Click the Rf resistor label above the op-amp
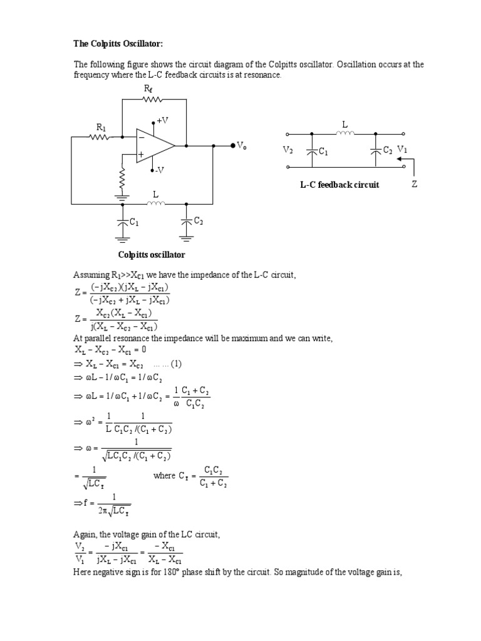tap(148, 90)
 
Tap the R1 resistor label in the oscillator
tap(101, 127)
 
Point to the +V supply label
tap(162, 120)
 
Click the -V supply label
tap(160, 170)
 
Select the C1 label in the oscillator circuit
tap(134, 222)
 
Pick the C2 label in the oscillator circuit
tap(198, 220)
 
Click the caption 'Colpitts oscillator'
tap(152, 255)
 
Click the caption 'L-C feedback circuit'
tap(339, 185)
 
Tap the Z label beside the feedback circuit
tap(414, 185)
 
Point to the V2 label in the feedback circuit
tap(288, 151)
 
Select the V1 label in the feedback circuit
tap(402, 151)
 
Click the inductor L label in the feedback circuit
tap(344, 124)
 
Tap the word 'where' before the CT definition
tap(165, 476)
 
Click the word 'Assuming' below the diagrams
tap(91, 275)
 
